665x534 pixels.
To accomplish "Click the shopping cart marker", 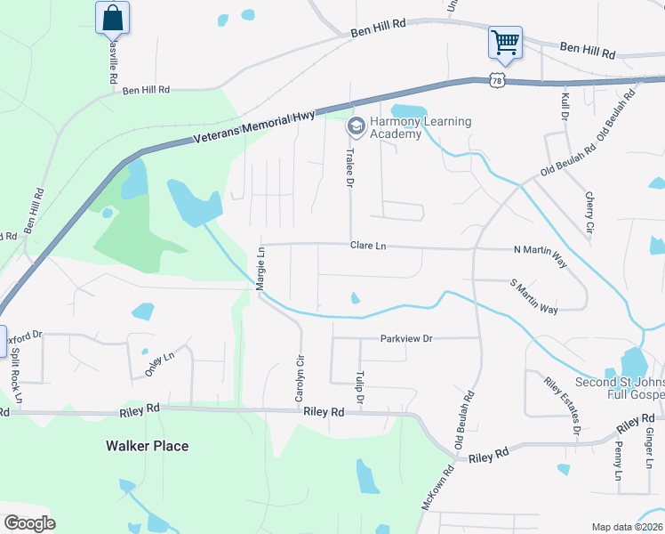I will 504,42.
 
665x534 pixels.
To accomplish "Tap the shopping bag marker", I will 112,18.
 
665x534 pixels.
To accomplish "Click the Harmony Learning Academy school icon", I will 356,127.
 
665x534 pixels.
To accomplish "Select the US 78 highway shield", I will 497,81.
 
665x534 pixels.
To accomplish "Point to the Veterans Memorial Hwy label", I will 253,128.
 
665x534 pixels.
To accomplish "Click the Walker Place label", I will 148,446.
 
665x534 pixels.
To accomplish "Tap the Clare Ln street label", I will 368,245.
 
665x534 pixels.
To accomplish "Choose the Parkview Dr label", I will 405,338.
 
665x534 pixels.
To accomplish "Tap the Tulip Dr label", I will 360,388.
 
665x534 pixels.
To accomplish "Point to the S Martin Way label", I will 533,296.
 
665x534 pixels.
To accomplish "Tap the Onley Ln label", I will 160,365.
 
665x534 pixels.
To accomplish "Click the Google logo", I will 29,523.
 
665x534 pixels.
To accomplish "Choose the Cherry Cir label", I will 589,214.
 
